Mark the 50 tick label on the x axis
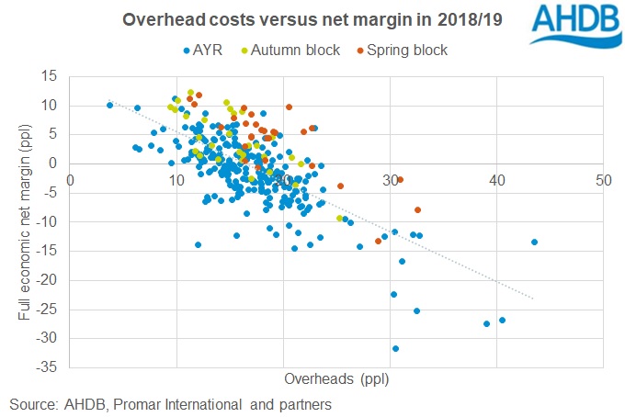tap(603, 179)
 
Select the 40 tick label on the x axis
tap(496, 179)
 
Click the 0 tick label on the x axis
tap(71, 179)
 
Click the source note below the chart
tap(170, 404)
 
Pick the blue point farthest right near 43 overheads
tap(534, 242)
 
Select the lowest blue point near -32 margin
tap(396, 348)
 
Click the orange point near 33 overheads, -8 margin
tap(418, 210)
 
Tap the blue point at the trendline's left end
tap(109, 106)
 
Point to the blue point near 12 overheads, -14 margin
tap(198, 244)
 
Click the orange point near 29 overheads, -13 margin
tap(378, 241)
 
